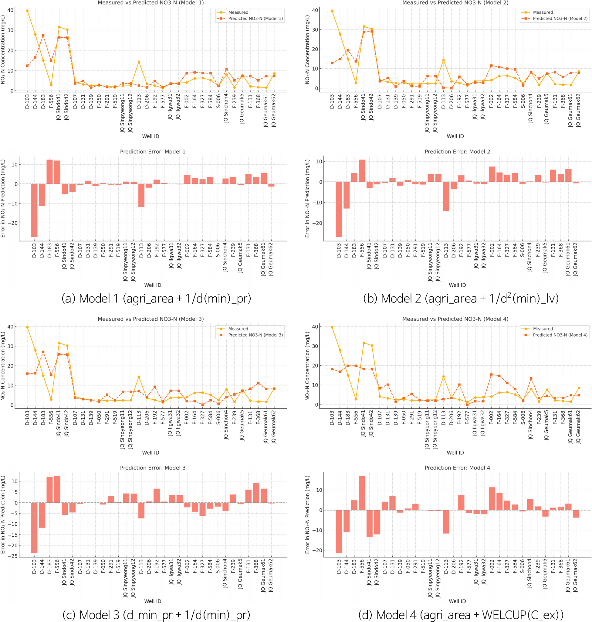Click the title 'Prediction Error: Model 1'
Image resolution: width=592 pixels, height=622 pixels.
[x=153, y=152]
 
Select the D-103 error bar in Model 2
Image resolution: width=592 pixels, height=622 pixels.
[x=339, y=209]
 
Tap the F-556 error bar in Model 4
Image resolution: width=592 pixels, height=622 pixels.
[x=362, y=493]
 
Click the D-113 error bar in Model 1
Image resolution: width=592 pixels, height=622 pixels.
[x=141, y=195]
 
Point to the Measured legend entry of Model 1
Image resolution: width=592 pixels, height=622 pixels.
[x=238, y=12]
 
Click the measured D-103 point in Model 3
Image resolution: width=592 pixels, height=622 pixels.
[x=27, y=327]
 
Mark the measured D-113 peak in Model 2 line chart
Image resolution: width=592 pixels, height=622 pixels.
[x=443, y=60]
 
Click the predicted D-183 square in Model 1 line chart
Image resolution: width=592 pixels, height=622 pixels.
[x=43, y=35]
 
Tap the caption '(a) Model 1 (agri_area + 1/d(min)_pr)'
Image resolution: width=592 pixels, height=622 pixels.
[x=156, y=298]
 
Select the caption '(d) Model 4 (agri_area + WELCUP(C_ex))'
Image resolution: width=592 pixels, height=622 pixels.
[x=461, y=615]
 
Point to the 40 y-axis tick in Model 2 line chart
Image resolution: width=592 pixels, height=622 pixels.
[x=315, y=10]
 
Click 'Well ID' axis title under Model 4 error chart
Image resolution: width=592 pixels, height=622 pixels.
[x=457, y=601]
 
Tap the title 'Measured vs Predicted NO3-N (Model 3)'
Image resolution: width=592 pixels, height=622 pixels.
[x=151, y=319]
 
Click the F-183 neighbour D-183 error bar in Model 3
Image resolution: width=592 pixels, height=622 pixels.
[x=49, y=490]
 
